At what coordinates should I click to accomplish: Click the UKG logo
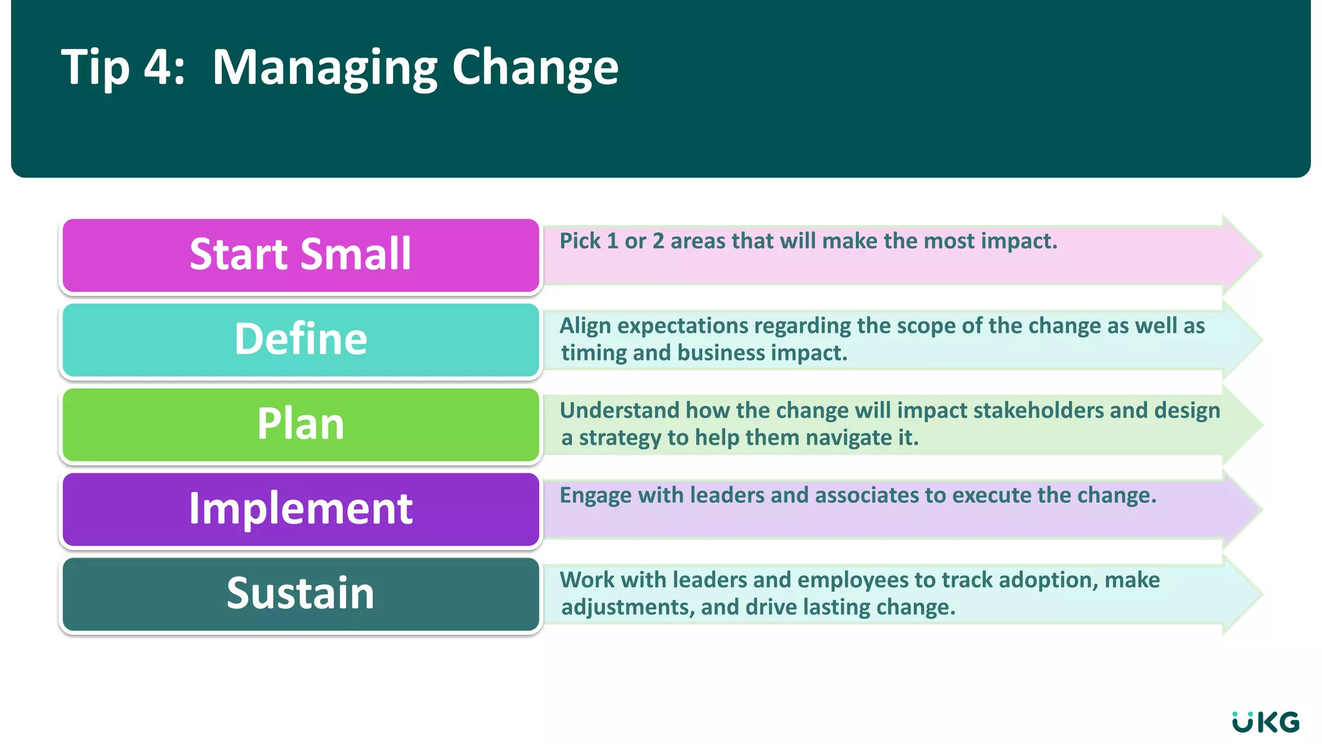[1265, 722]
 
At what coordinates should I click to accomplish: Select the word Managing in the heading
[325, 68]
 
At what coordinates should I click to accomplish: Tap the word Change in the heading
[535, 68]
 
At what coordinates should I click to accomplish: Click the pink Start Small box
[301, 254]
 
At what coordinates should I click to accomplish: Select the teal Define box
[301, 340]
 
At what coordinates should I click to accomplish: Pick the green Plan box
[301, 424]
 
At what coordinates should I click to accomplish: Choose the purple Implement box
[301, 509]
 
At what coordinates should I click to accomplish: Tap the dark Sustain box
[301, 594]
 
